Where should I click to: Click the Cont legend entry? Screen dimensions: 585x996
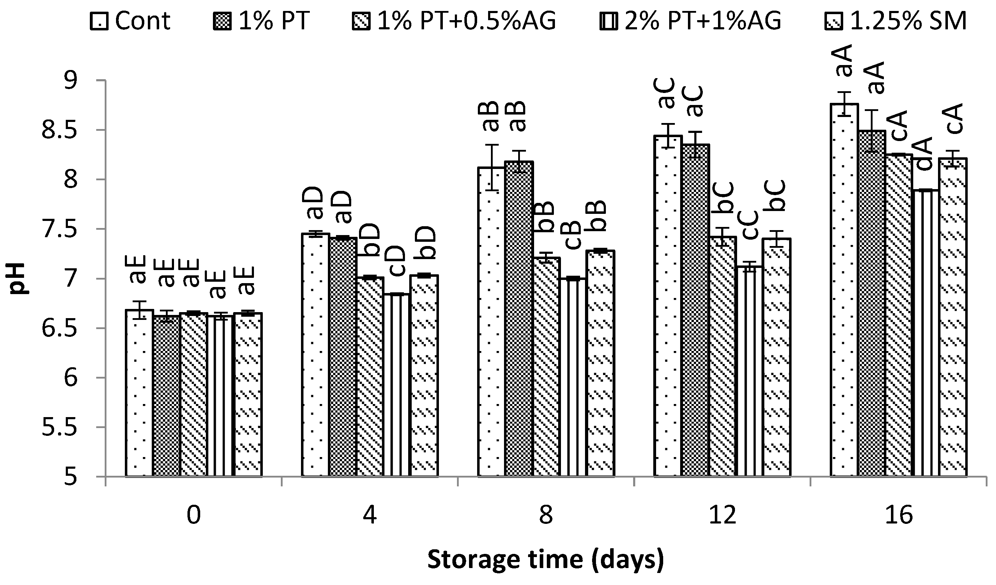click(131, 21)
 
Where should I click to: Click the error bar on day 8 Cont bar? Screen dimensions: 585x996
click(492, 168)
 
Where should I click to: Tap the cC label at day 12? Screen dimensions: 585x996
click(750, 225)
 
